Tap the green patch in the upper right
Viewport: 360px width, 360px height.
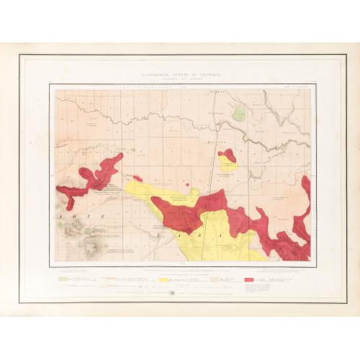[238, 114]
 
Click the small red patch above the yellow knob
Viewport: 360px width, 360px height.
[227, 156]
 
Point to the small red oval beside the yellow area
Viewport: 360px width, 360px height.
[138, 178]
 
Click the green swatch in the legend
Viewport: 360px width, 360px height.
[63, 277]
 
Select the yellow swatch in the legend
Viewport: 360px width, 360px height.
[163, 278]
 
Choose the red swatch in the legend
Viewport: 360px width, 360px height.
[248, 278]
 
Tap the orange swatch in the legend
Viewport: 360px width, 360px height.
[105, 277]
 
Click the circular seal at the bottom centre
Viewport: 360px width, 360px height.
[171, 293]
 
